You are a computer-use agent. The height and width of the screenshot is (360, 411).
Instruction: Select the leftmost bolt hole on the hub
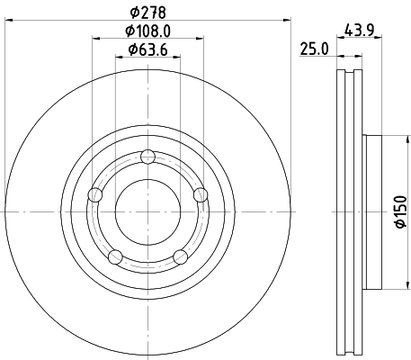[x=94, y=194]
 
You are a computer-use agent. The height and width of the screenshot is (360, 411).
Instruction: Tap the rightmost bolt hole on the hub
[x=201, y=193]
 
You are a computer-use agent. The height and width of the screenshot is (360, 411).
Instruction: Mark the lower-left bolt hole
[x=115, y=257]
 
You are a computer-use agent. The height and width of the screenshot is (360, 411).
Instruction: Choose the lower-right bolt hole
[x=180, y=257]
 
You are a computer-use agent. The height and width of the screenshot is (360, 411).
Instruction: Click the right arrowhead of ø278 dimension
[x=289, y=19]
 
